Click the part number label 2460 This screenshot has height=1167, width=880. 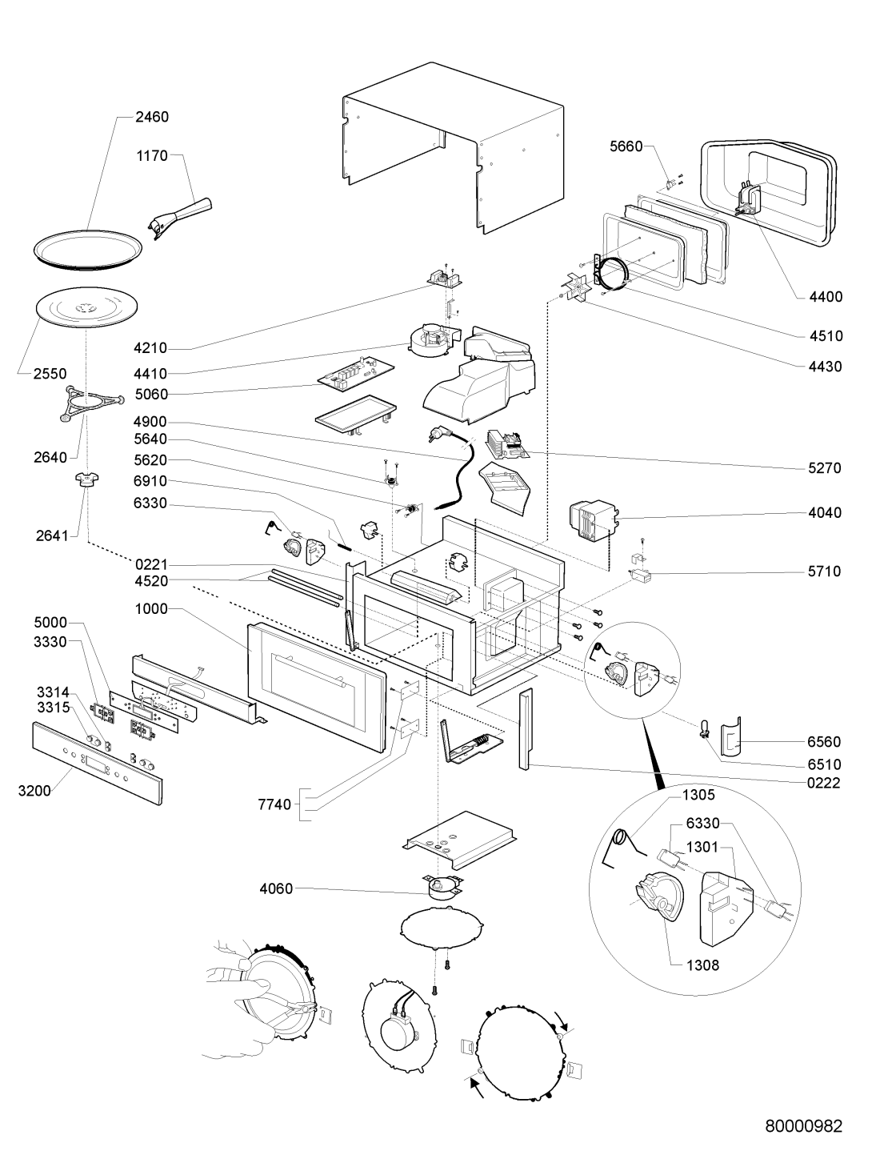coord(151,117)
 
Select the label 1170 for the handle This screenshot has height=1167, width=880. coord(151,156)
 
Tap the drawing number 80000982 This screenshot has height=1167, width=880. coord(802,1126)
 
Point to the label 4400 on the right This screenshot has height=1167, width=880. coord(825,297)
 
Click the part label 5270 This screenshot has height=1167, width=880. coord(825,468)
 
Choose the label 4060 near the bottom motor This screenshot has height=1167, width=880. coord(276,888)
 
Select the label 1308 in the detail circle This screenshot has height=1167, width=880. coord(702,965)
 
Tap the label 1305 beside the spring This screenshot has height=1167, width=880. coord(698,796)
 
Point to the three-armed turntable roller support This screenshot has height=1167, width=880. coord(89,401)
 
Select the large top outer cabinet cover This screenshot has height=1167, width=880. coord(452,152)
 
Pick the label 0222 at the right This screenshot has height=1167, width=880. coord(825,783)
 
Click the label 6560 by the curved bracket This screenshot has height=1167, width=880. coord(825,742)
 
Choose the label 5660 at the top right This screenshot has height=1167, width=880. coord(626,147)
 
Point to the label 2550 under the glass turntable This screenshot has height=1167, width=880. coord(50,374)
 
